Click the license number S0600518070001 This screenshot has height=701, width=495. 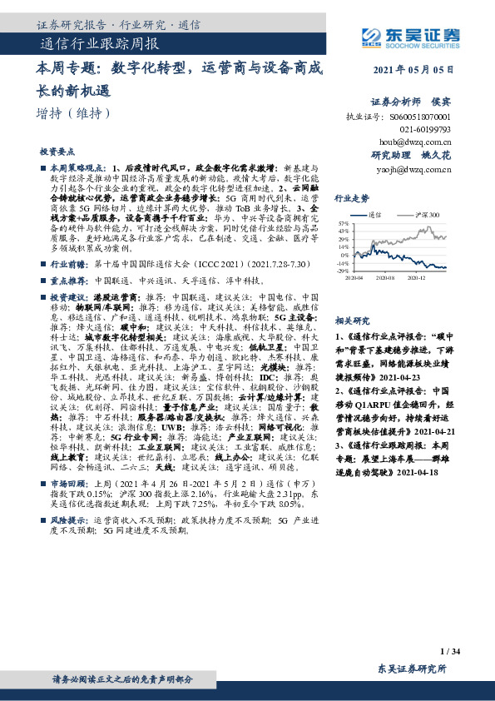click(x=420, y=118)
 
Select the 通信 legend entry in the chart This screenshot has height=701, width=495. click(x=375, y=214)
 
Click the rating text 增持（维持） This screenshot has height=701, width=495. click(x=73, y=113)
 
